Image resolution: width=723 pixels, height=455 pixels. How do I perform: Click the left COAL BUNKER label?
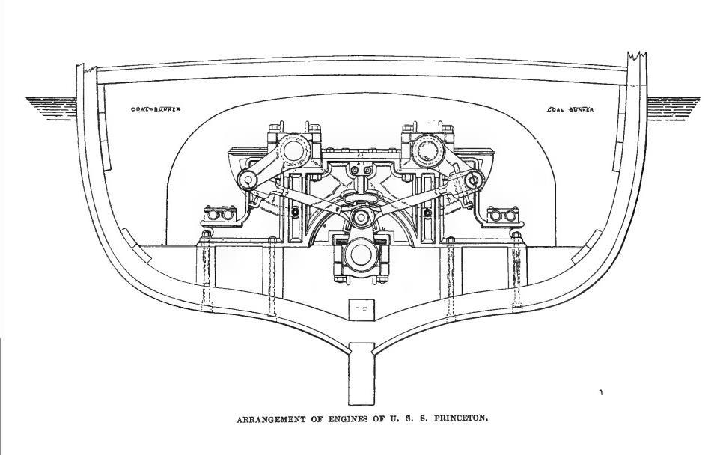[x=156, y=109]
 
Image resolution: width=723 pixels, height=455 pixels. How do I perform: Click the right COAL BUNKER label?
[x=570, y=110]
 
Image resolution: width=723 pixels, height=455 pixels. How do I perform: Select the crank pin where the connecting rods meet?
[x=361, y=218]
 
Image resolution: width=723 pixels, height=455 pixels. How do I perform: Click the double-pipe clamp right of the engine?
[x=502, y=216]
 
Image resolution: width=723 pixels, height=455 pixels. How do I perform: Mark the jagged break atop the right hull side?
[x=635, y=55]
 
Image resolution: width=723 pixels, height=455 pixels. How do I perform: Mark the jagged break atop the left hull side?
[x=88, y=69]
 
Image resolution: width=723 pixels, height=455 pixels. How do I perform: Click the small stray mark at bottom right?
[x=601, y=392]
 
